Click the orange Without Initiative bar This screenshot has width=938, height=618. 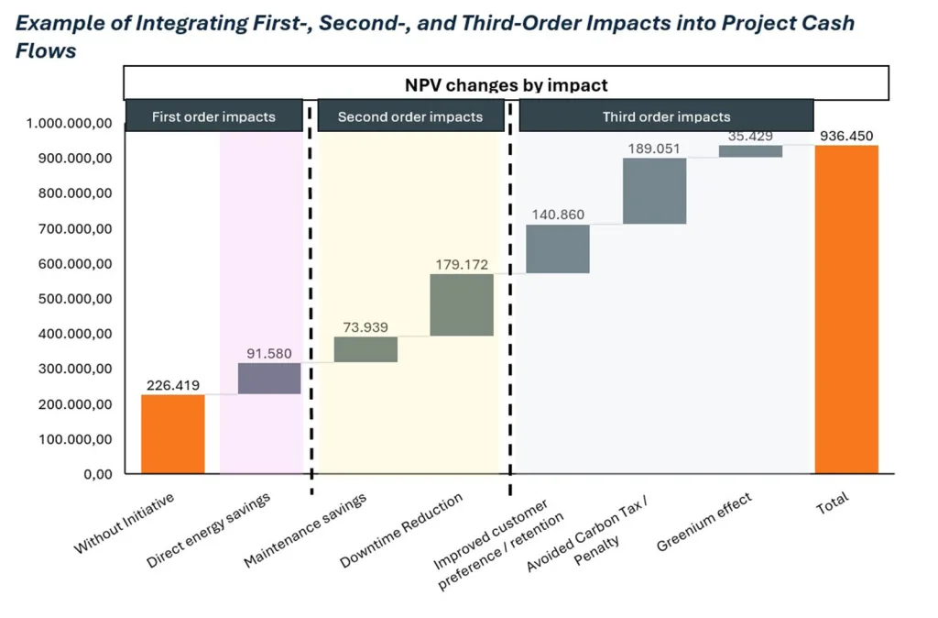coord(172,434)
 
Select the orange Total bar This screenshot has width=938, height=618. coord(846,309)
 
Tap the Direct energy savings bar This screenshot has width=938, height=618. coord(269,379)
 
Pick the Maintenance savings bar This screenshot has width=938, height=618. coord(365,349)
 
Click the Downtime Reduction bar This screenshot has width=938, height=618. coord(462,304)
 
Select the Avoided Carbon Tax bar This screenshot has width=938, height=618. coord(654,191)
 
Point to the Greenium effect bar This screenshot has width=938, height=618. coord(750,151)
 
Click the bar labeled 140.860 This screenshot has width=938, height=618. coord(558,248)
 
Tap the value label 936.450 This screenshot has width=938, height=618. coord(846,136)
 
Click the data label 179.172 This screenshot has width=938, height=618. coord(462,265)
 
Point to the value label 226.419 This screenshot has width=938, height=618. coord(172,385)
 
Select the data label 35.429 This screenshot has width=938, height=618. coord(750,136)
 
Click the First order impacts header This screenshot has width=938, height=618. coord(213,116)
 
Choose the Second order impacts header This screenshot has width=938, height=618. coord(409,116)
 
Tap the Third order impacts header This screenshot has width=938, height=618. coord(666,116)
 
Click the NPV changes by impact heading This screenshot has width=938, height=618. coord(506,84)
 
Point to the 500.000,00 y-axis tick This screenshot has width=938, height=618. coord(70,299)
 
